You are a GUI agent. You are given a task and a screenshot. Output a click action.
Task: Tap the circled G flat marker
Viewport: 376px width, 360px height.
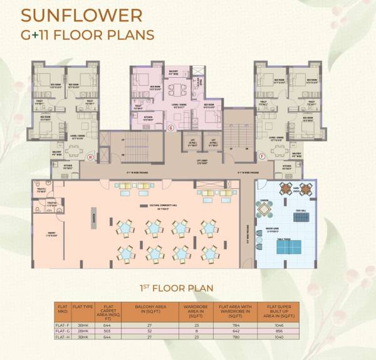[170, 127]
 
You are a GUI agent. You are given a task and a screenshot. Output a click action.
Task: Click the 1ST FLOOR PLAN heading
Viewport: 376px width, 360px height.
[176, 289]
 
